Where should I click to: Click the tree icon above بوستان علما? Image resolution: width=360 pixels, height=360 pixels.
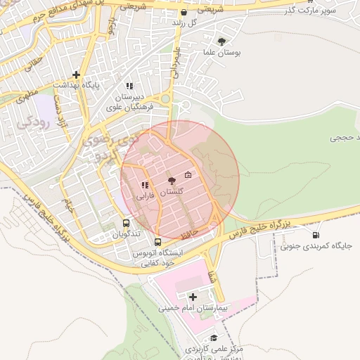[223, 41]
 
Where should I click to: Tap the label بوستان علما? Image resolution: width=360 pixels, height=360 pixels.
[223, 52]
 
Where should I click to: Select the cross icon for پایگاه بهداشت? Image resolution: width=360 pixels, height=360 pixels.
[76, 75]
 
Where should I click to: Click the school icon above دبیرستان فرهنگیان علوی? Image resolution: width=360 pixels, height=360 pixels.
[129, 86]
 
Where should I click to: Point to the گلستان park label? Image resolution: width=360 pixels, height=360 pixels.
[172, 191]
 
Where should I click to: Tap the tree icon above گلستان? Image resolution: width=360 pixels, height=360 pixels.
[172, 181]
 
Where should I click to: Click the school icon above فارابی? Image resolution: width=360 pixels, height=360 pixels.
[144, 185]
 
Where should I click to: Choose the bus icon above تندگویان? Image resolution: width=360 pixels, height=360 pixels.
[127, 222]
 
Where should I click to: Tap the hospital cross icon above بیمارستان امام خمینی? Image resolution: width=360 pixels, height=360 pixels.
[193, 297]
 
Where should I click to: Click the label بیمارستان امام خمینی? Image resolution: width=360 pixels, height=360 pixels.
[193, 308]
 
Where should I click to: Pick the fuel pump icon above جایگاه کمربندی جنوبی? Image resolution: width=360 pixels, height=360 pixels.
[316, 236]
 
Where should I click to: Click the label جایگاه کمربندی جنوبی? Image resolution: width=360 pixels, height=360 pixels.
[316, 246]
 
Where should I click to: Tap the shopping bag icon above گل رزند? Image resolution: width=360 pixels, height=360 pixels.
[184, 13]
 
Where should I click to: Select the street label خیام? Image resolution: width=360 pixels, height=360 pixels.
[68, 206]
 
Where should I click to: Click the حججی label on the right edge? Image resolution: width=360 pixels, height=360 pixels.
[344, 138]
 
